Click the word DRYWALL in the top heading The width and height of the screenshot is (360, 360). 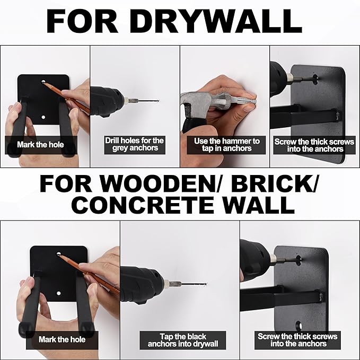click(215, 21)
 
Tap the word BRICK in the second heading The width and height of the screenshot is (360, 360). click(273, 184)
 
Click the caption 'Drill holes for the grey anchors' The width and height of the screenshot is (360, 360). click(135, 144)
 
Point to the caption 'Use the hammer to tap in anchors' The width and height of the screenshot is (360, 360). click(226, 145)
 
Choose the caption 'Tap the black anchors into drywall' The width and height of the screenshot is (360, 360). click(183, 340)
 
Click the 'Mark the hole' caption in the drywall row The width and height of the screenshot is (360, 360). click(40, 145)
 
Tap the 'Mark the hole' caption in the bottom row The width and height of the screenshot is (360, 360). click(62, 339)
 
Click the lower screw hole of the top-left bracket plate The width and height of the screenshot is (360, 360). click(43, 117)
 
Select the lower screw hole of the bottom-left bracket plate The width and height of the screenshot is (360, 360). click(58, 293)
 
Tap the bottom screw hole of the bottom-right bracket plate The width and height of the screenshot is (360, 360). click(298, 325)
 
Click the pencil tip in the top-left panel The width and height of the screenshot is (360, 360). click(43, 82)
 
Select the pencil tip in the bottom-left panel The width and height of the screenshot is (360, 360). click(59, 254)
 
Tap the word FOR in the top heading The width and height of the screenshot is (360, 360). click(82, 21)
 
